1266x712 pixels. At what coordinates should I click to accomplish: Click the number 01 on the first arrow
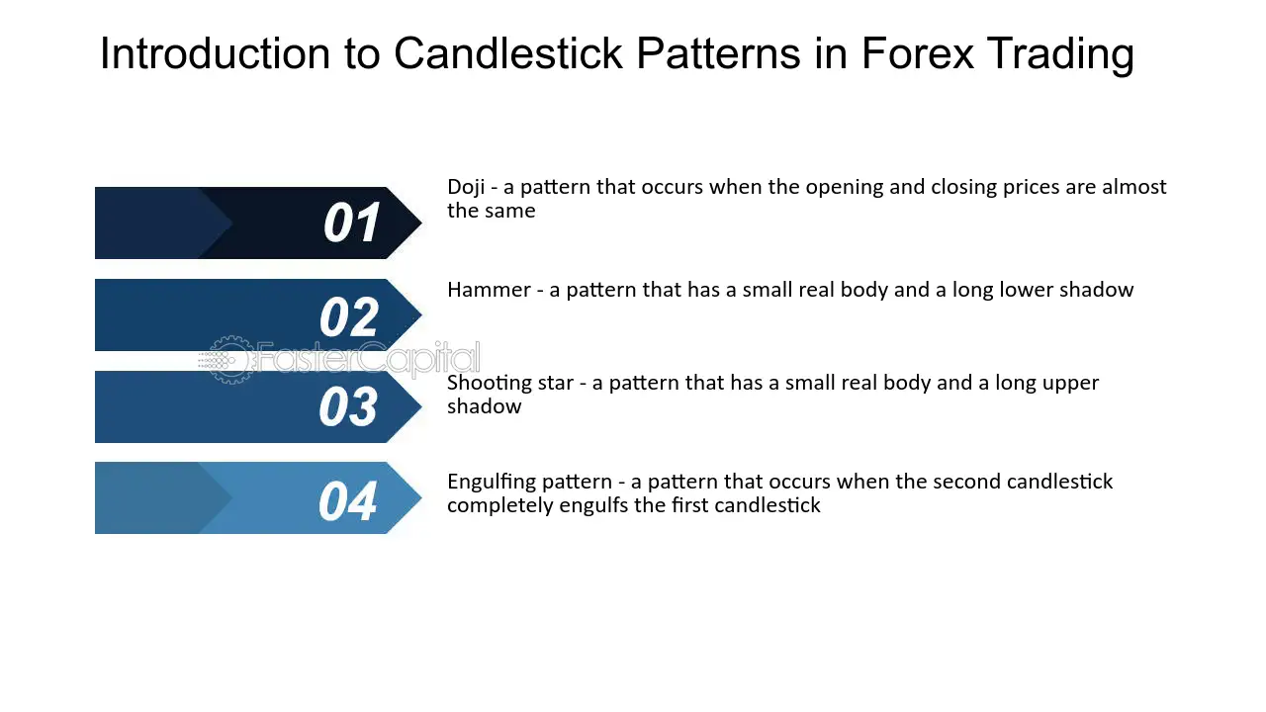351,223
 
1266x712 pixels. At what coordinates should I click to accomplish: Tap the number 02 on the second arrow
349,316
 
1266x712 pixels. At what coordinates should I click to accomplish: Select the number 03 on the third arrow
348,406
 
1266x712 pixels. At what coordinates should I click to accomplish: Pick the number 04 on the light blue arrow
347,500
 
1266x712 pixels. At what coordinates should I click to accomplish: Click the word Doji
466,187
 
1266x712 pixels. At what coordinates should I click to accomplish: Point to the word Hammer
489,290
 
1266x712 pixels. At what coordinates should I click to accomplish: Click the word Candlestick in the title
507,53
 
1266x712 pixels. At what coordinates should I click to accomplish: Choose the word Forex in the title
918,53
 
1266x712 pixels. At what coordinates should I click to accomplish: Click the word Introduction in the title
215,53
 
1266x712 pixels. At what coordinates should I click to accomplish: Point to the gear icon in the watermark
229,360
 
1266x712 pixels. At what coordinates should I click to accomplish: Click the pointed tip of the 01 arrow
421,222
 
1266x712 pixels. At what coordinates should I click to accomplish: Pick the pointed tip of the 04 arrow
421,497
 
